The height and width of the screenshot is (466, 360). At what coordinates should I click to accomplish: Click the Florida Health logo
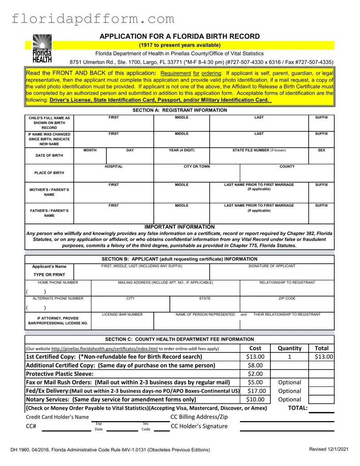tap(42, 48)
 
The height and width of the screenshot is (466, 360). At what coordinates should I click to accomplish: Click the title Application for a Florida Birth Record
tap(180, 36)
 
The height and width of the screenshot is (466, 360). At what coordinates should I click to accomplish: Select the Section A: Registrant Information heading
tap(180, 110)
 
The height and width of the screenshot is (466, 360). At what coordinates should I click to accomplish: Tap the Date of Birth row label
tap(49, 156)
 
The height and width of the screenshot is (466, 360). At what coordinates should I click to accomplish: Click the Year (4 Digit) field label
tap(181, 150)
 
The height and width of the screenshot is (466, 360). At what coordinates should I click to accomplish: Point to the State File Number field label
tap(259, 150)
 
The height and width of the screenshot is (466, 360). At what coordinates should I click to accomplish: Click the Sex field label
tap(321, 150)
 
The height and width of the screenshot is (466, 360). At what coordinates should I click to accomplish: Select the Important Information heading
tap(180, 227)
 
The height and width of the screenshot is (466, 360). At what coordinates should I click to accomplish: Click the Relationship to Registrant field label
tap(287, 282)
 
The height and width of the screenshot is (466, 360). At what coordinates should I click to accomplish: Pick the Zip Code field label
tap(287, 298)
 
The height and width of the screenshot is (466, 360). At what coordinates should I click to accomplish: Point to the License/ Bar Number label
tap(122, 314)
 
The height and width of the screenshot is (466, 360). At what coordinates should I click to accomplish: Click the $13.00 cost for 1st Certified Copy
tap(255, 357)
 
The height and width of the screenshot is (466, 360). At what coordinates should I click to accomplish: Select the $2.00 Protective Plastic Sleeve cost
tap(255, 374)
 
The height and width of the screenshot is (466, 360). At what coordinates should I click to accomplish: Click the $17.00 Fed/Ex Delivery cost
tap(255, 391)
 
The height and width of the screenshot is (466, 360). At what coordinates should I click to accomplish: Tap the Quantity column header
tap(289, 348)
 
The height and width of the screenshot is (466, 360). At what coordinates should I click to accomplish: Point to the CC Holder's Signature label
tap(199, 426)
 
